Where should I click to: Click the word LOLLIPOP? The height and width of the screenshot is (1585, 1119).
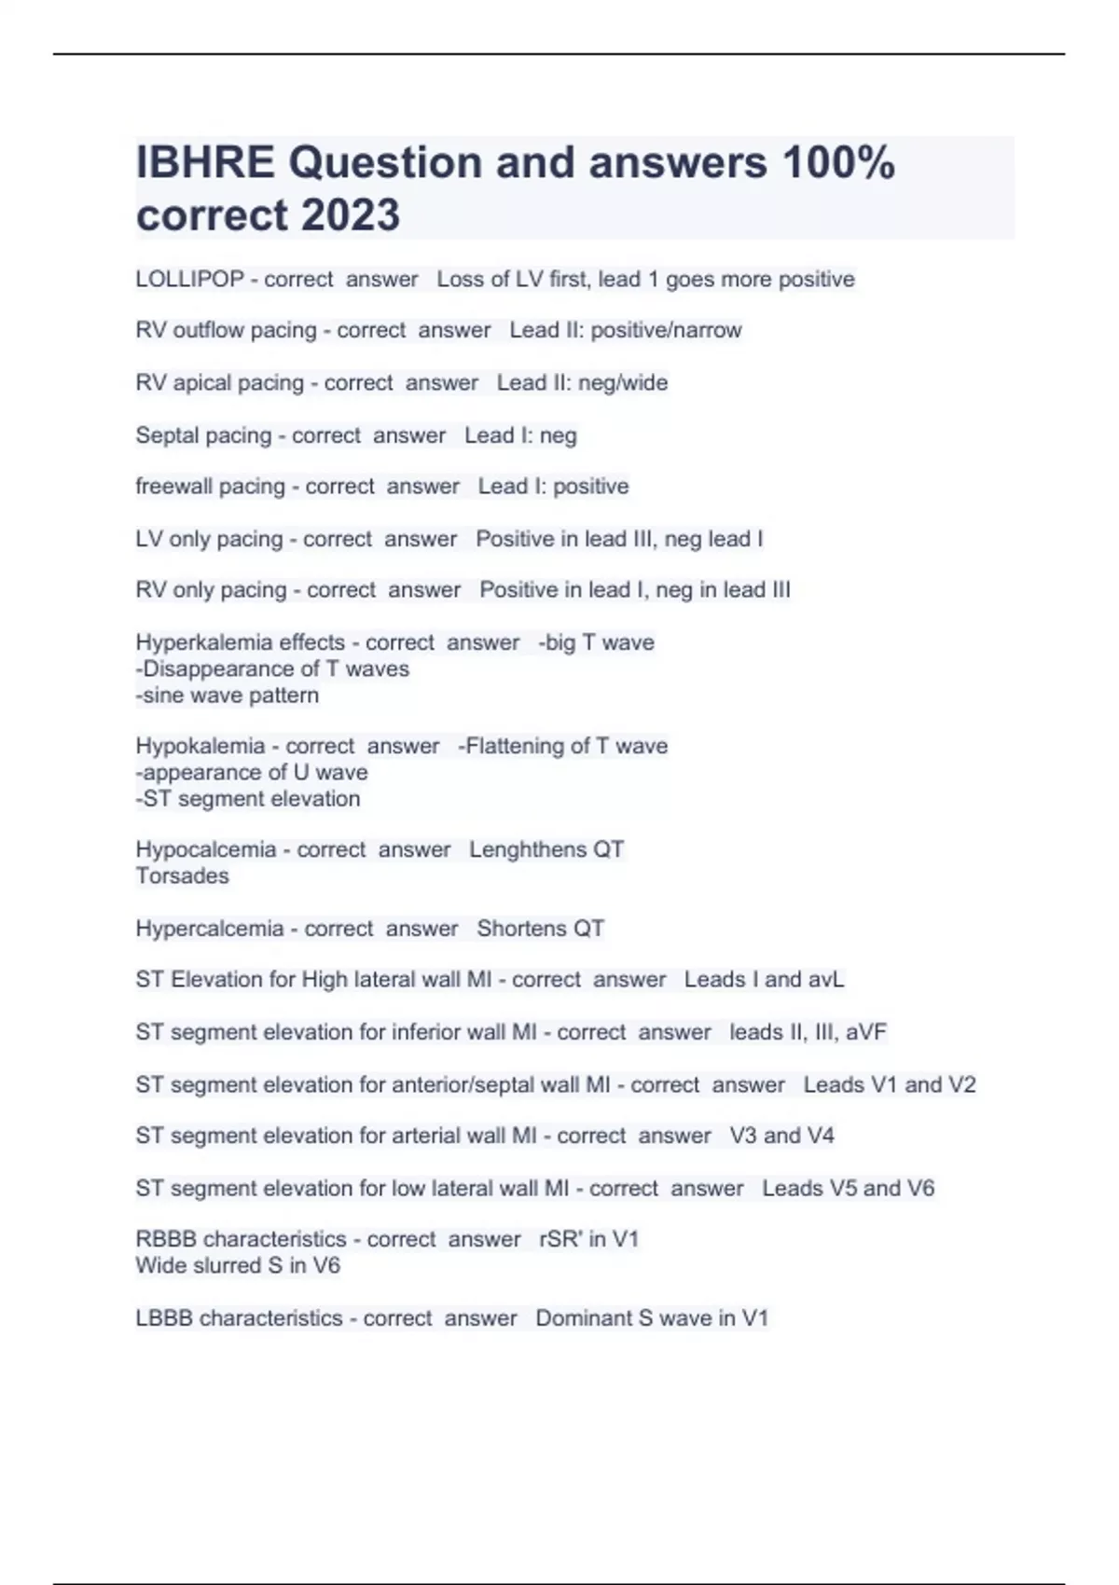pos(189,280)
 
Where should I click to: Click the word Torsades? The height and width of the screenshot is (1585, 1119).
pos(182,876)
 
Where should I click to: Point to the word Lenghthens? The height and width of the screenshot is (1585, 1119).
pos(520,849)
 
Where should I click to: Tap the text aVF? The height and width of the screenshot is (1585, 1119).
pos(866,1032)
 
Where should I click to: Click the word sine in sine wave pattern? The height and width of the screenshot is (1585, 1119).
pos(163,696)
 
